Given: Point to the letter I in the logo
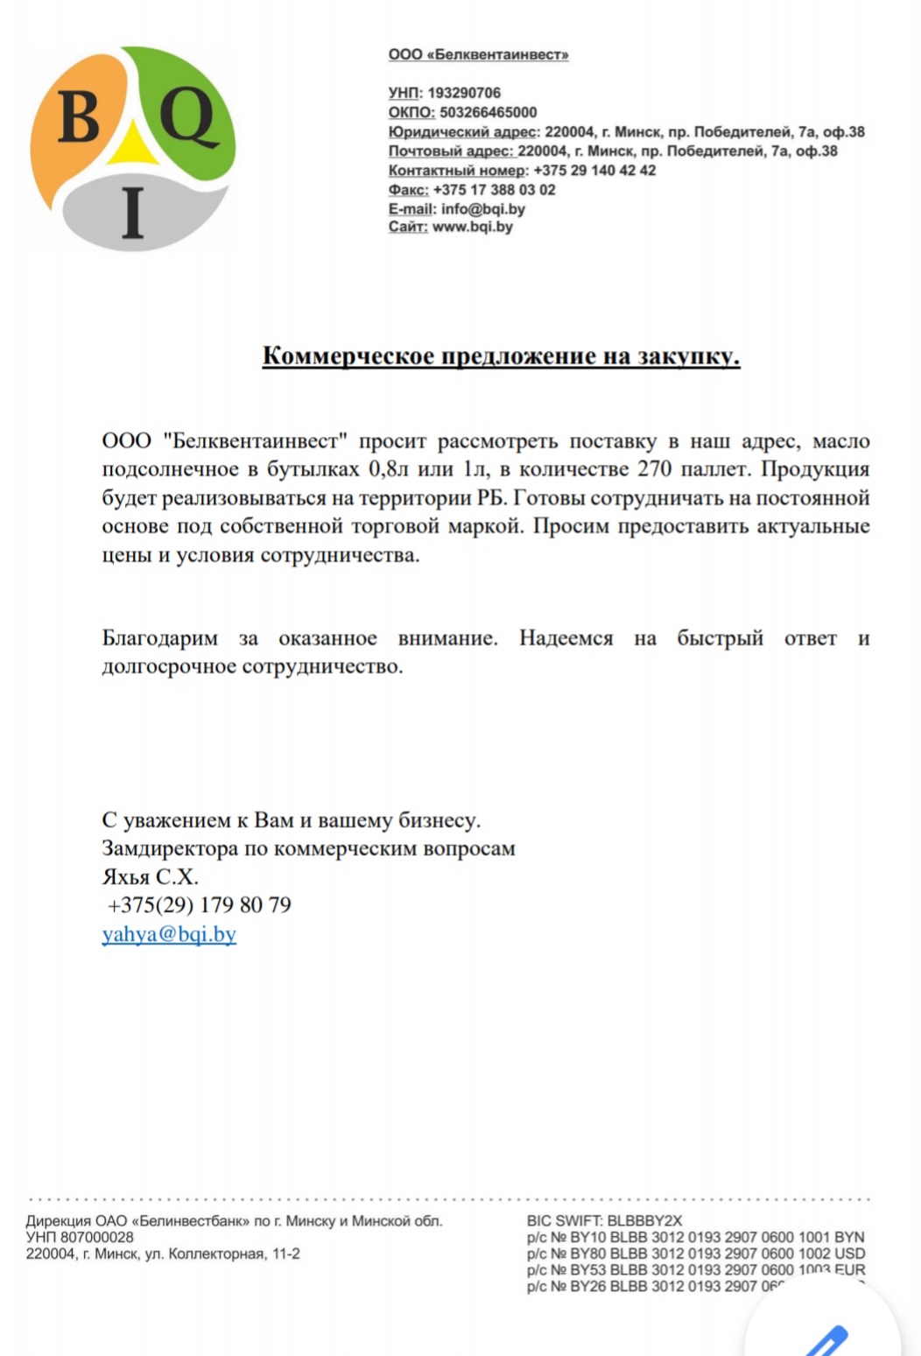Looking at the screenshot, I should [133, 214].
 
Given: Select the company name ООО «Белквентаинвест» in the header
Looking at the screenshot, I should [478, 54].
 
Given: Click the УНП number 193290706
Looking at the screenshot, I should [464, 93].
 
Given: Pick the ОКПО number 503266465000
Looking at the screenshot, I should [489, 112].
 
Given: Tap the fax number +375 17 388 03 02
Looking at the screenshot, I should [494, 189].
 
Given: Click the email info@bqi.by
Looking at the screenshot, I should [483, 208].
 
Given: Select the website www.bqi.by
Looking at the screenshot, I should [473, 227].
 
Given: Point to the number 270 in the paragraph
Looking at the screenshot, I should [654, 469].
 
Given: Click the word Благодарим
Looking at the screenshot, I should [160, 638].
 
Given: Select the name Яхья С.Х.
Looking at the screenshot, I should [151, 876].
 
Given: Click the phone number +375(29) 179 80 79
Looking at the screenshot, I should [200, 904].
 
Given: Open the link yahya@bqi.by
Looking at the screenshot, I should [169, 933].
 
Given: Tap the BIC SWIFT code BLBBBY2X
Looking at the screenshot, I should [644, 1220].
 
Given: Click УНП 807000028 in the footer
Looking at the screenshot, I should [80, 1237].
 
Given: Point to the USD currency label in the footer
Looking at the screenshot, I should [849, 1254].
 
